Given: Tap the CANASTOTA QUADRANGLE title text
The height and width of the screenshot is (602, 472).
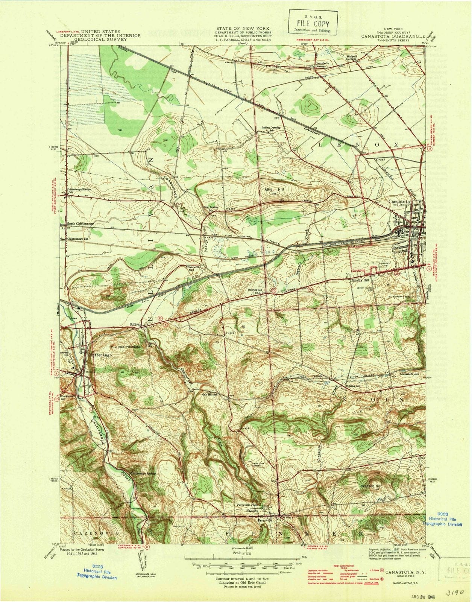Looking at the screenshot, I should point(388,37).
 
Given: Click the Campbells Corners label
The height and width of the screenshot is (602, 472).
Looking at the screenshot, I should point(322,64).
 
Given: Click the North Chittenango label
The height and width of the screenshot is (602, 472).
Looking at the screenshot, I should point(80,223).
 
